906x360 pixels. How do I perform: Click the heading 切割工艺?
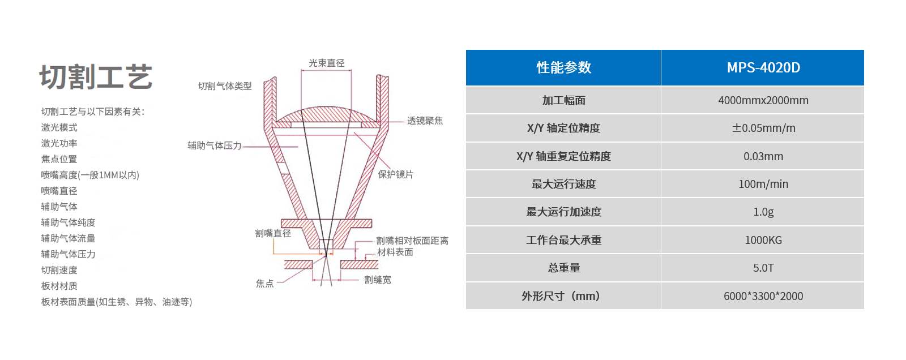[96, 77]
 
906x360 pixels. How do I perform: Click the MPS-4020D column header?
[763, 67]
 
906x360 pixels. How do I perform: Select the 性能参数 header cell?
[563, 67]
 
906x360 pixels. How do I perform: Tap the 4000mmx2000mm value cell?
[763, 100]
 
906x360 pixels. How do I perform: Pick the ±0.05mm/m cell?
[763, 128]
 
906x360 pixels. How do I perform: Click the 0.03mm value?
[763, 156]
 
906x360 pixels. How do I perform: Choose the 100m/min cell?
[763, 184]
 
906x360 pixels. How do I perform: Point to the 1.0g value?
[763, 212]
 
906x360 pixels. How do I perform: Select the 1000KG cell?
[763, 240]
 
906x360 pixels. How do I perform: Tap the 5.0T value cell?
[763, 268]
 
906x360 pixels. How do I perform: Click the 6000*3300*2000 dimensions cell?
[763, 296]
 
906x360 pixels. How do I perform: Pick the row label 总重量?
[563, 268]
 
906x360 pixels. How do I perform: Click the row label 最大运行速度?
[563, 184]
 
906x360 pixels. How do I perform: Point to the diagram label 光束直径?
[326, 63]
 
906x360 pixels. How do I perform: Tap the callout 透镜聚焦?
[425, 121]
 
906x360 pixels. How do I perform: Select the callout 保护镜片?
[396, 174]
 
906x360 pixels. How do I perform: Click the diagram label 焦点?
[264, 284]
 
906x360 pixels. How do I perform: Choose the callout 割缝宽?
[377, 280]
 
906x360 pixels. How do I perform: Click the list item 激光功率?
[59, 143]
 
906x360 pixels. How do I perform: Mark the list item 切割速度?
[59, 270]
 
